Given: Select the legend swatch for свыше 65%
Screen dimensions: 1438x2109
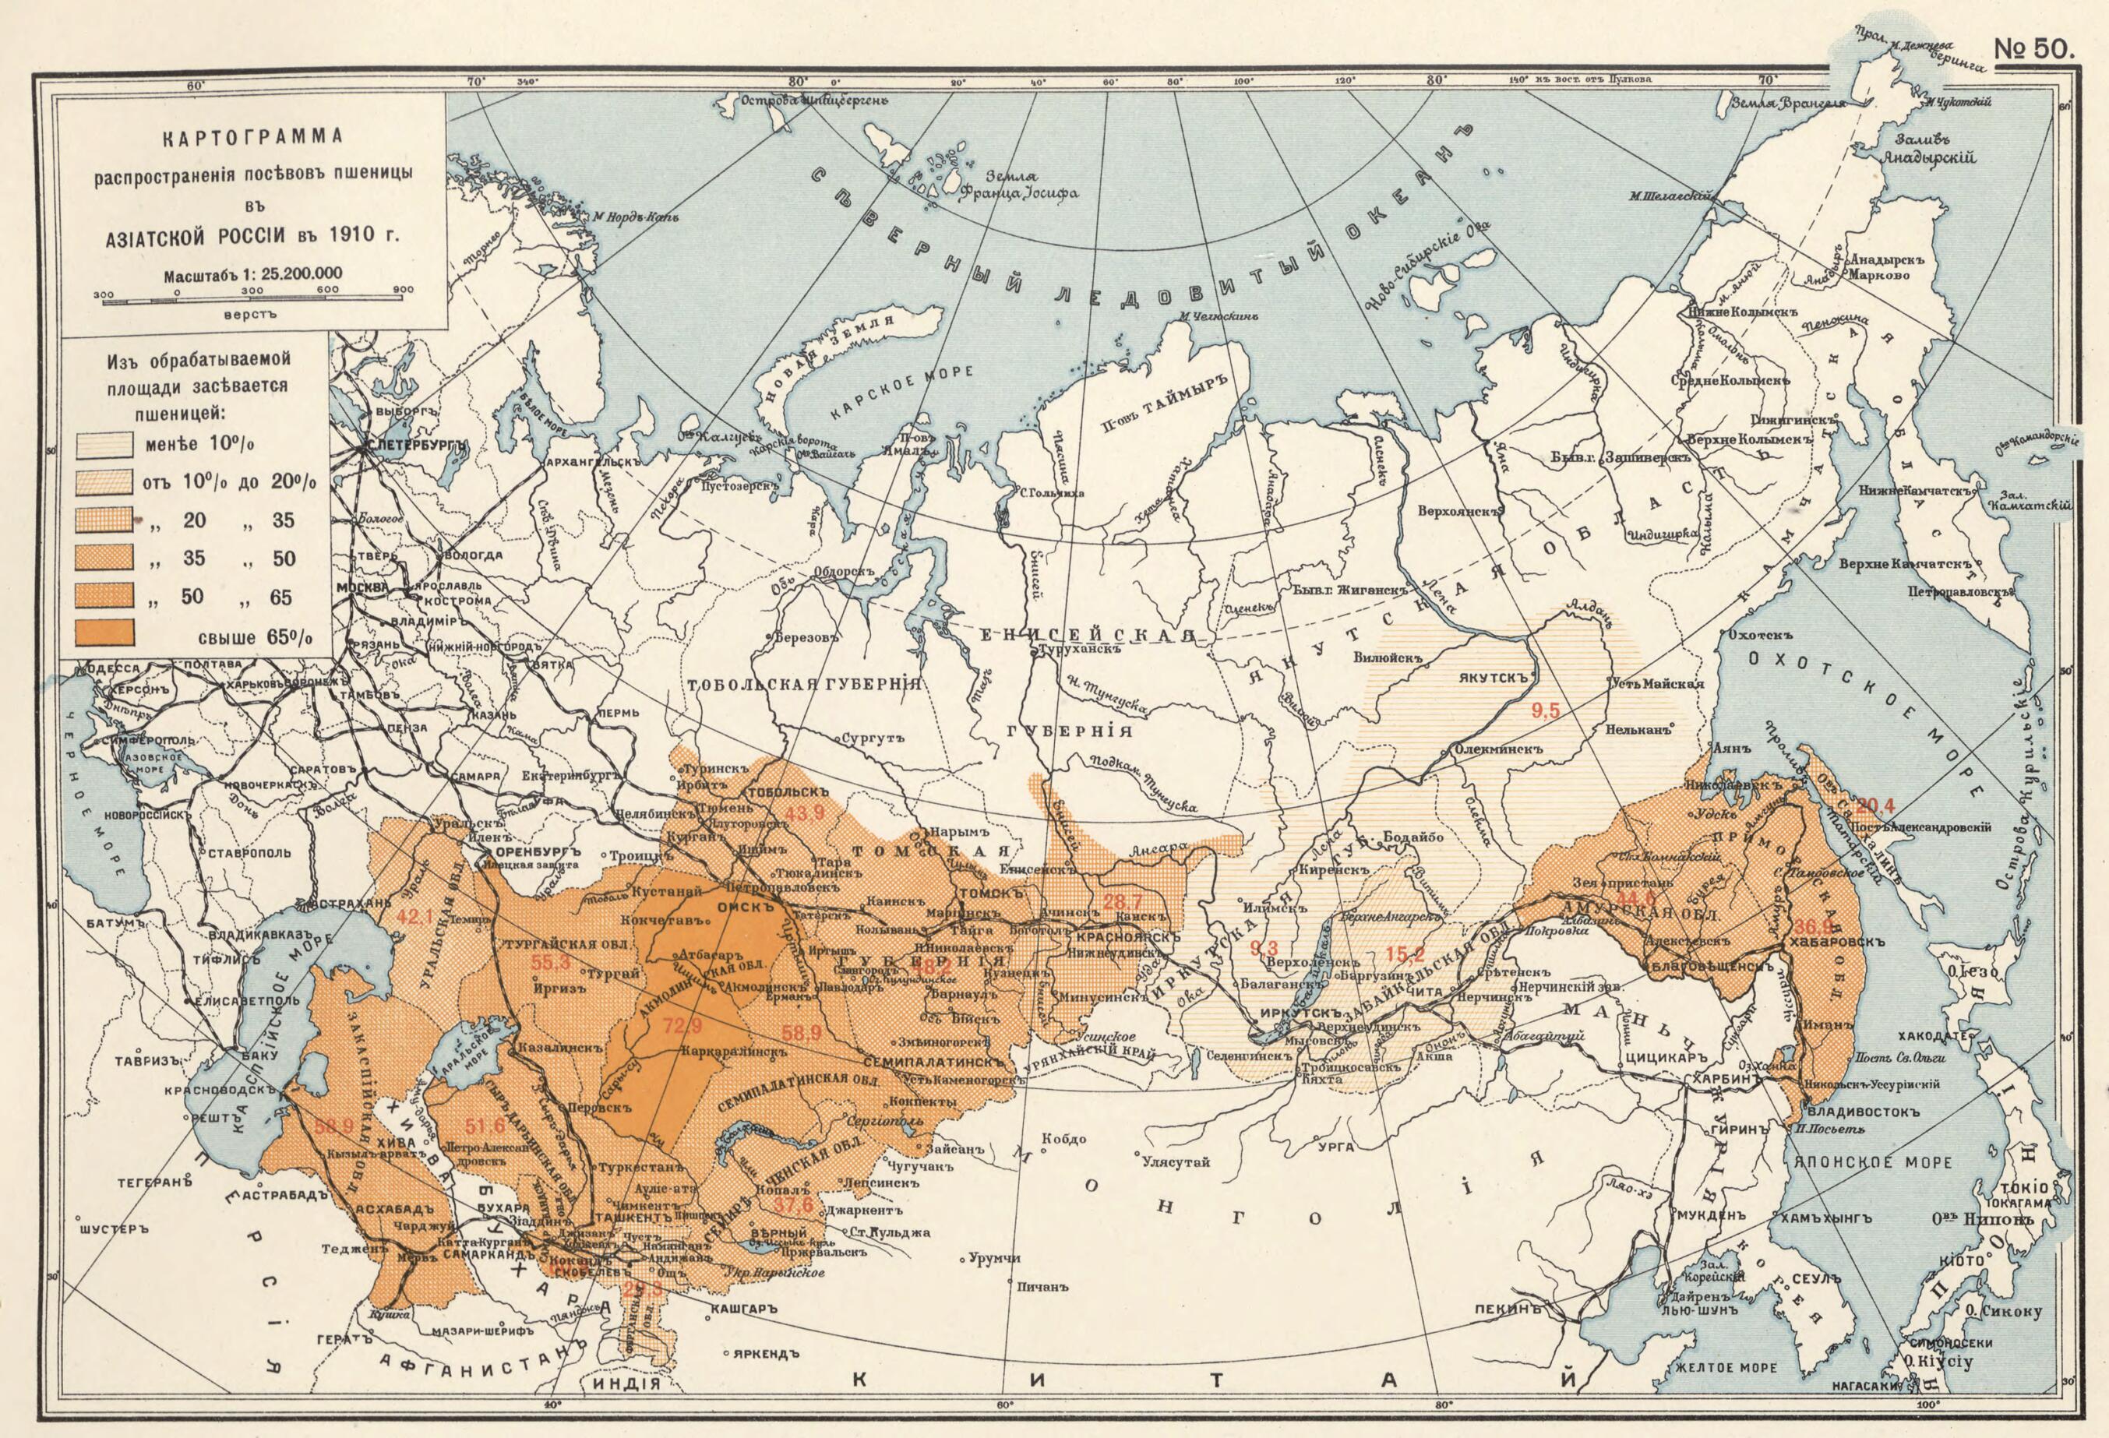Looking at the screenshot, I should click(x=107, y=632).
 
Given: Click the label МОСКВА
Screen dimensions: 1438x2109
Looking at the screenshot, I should click(x=361, y=587).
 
